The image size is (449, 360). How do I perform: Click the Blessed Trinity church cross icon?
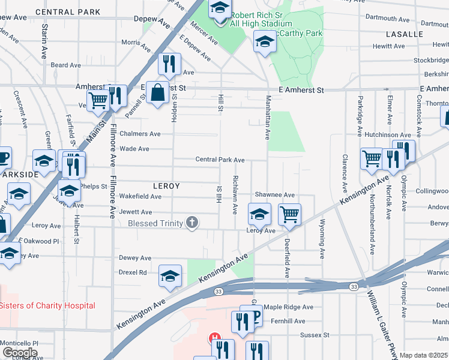pos(192,223)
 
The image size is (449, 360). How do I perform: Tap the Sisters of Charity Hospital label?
pos(47,305)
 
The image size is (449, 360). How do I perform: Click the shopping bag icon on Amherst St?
pos(157,93)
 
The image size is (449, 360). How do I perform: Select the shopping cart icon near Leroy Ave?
pos(289,214)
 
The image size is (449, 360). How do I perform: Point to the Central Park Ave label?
pos(220,160)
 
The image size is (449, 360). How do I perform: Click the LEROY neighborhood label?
pos(166,186)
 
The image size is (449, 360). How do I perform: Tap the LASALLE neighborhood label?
pos(405,34)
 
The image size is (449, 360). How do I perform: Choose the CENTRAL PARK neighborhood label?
pos(68,12)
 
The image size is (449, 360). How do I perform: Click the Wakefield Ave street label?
pos(140,196)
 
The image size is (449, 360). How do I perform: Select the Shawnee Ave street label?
pos(274,195)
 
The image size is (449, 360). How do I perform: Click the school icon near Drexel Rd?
pos(170,275)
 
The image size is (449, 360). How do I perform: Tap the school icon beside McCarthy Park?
pos(264,42)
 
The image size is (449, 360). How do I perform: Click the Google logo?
pos(20,352)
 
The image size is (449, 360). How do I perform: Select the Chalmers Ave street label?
pos(140,134)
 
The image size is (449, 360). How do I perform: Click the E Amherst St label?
pos(301,90)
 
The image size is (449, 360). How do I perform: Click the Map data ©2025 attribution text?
pos(423,355)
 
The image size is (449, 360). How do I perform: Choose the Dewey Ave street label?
pos(135,258)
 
